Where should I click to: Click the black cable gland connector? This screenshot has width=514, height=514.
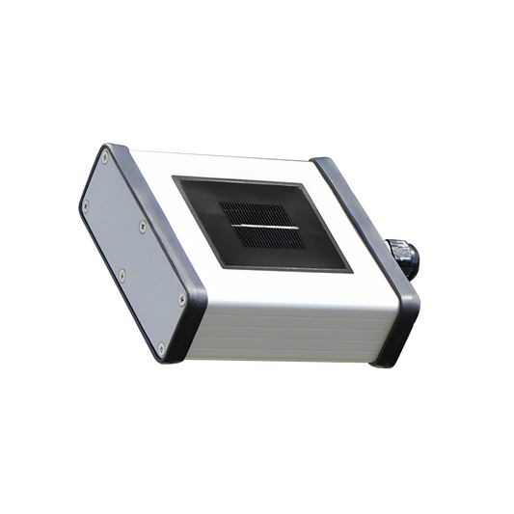[403, 257]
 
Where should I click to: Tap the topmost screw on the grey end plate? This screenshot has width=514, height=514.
[105, 157]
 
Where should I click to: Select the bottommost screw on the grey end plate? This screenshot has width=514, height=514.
[161, 346]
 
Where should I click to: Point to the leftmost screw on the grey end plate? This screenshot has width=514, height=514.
[86, 204]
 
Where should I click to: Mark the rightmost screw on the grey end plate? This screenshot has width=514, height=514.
[182, 300]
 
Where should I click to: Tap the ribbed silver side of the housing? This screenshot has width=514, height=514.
[289, 328]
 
